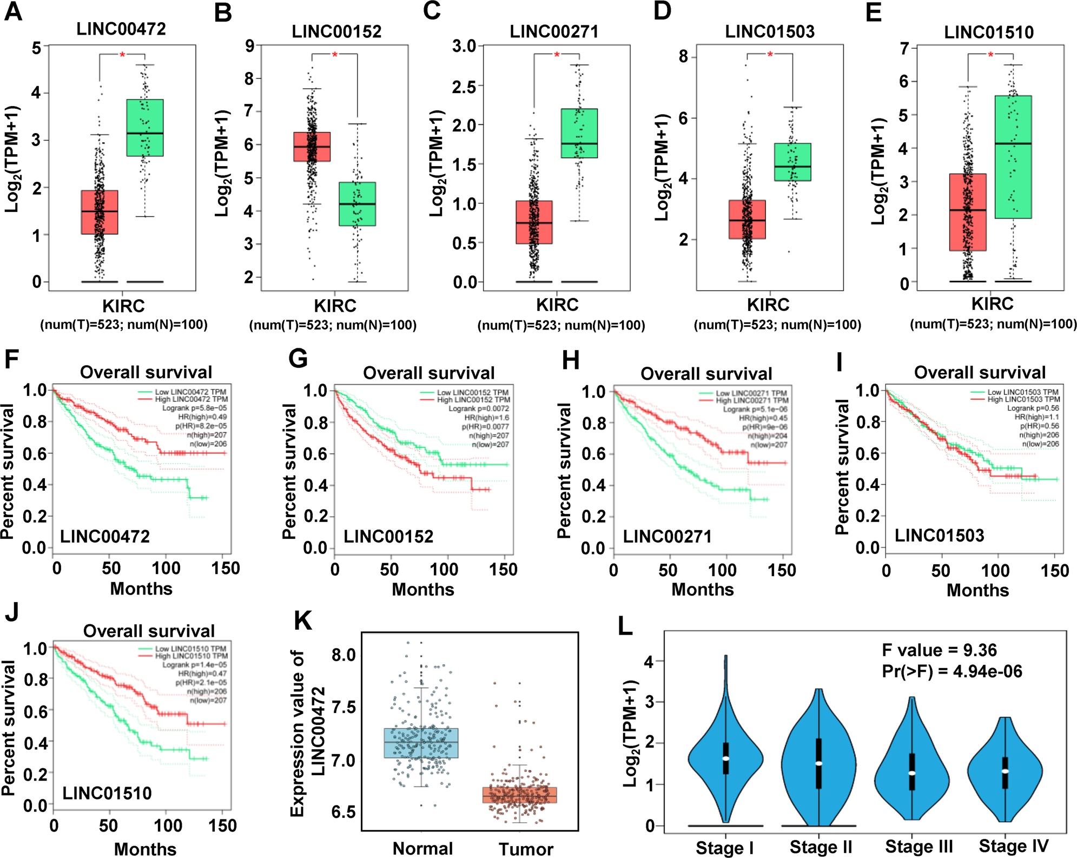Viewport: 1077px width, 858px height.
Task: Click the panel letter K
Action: (302, 621)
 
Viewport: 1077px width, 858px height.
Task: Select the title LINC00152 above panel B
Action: (336, 32)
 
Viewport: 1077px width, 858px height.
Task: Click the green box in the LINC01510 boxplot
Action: (1013, 157)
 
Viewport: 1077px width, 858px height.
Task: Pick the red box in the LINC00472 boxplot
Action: (100, 212)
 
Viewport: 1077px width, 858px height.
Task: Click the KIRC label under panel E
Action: (992, 304)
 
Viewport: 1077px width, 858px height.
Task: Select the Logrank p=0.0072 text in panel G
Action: (479, 409)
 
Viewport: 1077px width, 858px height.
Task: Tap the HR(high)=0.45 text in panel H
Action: (763, 418)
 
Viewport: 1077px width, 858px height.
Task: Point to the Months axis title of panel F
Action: (141, 589)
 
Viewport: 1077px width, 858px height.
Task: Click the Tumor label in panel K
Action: (526, 849)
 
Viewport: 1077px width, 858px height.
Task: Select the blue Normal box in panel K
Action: (421, 742)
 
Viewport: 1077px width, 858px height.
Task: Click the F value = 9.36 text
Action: (939, 650)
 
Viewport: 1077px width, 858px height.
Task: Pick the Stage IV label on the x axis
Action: (1013, 846)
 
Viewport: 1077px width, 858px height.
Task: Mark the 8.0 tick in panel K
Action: (343, 655)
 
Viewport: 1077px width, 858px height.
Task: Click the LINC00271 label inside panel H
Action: (667, 537)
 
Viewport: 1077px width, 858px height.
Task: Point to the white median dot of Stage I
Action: (725, 758)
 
